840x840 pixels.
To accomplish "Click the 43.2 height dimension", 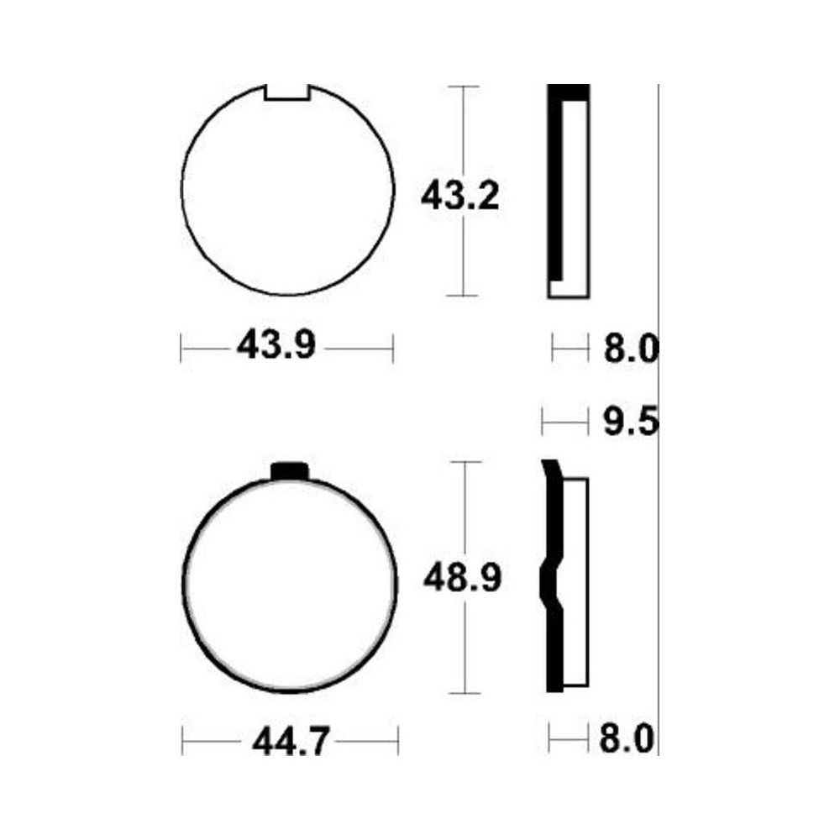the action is pos(459,196).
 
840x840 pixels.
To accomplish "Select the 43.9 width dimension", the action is pos(276,346).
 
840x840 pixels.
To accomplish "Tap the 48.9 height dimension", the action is pos(462,578).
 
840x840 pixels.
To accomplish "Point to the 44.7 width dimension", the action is pos(290,742).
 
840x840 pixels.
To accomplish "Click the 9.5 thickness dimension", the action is pos(631,423).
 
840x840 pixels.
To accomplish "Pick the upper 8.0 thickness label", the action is pos(631,349).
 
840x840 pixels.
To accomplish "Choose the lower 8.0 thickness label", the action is pos(627,739).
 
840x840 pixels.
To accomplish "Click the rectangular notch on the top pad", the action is pos(287,92).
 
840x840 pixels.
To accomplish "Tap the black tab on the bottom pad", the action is pos(290,470).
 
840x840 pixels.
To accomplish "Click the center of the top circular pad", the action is pos(287,190).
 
